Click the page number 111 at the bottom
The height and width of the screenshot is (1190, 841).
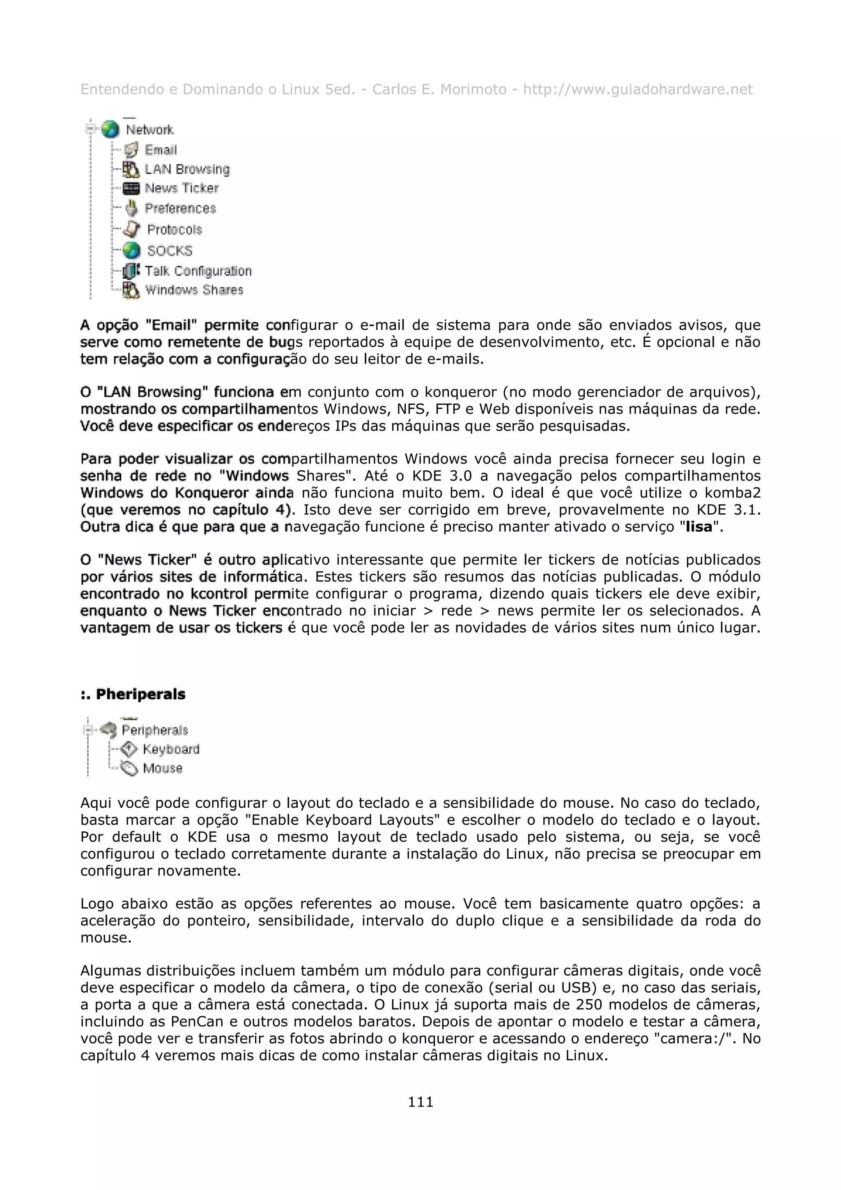click(420, 1101)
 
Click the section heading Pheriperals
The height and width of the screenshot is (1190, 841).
click(140, 694)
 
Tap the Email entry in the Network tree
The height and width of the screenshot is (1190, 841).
click(161, 150)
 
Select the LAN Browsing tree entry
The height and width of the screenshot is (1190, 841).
click(186, 170)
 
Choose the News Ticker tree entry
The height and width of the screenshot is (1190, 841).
click(182, 188)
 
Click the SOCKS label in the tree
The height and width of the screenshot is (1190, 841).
click(170, 251)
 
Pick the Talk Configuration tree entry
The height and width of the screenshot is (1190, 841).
click(198, 271)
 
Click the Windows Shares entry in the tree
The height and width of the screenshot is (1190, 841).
click(194, 290)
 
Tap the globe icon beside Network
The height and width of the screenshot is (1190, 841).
click(110, 130)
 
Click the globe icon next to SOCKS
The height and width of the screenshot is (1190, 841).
click(132, 251)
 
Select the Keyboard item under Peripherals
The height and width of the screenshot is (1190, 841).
click(171, 749)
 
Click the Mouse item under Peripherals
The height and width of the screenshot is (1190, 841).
click(163, 768)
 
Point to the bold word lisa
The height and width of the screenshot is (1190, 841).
click(699, 527)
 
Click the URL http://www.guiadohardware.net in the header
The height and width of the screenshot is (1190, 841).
click(637, 90)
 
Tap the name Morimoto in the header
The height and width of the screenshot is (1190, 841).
click(473, 90)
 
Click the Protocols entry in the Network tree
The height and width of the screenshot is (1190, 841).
click(175, 230)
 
